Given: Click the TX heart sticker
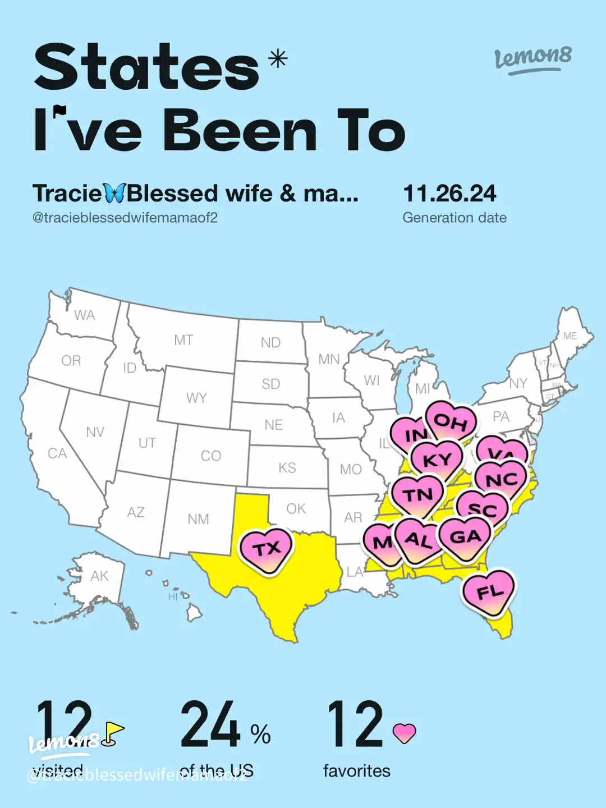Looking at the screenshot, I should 266,549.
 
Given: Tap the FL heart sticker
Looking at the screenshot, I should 488,592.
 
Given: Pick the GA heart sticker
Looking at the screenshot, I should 465,537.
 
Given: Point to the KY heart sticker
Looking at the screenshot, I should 437,460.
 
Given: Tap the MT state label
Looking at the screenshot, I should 183,340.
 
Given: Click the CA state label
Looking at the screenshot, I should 57,453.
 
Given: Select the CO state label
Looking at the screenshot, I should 211,456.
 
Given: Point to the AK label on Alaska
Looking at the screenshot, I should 99,576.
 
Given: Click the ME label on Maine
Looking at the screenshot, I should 570,336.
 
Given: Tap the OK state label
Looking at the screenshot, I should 296,509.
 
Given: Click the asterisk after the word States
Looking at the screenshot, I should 278,58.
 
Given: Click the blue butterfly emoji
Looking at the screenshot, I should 114,194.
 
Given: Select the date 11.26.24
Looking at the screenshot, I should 449,194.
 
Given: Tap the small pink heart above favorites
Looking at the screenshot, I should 404,733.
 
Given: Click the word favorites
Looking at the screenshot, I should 356,771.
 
